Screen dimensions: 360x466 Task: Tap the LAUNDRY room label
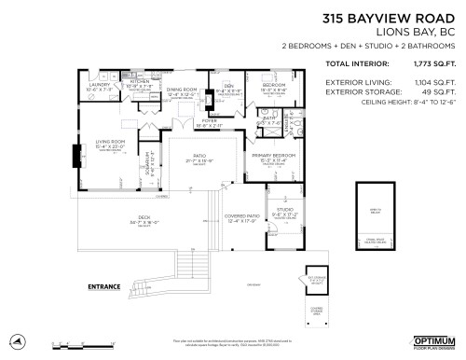click(98, 84)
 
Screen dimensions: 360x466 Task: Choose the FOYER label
click(208, 119)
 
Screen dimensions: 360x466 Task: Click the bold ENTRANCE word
click(107, 285)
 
